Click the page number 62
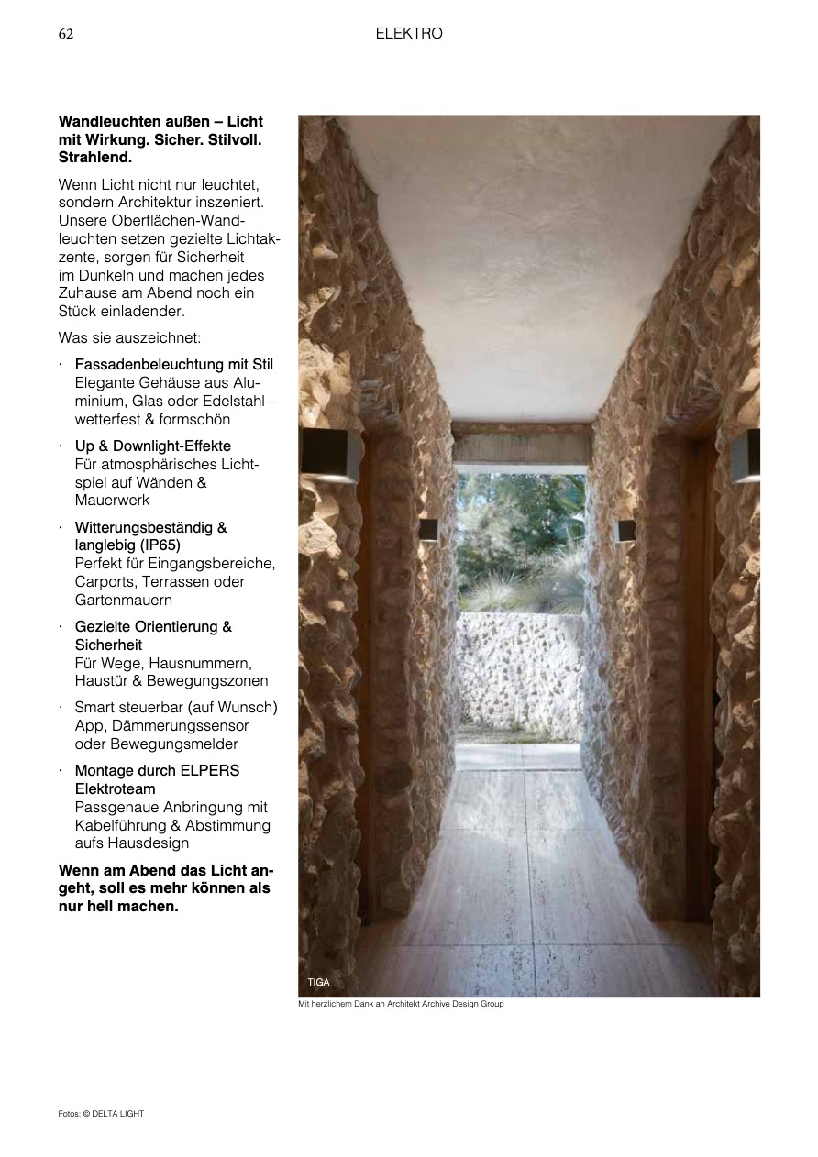[66, 34]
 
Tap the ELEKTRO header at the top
[409, 34]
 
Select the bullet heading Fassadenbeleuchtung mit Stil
[173, 365]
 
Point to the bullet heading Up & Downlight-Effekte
[152, 446]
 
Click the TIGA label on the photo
[318, 982]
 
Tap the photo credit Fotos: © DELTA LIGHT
[102, 1114]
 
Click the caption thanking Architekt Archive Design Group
[401, 1004]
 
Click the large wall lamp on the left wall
[331, 456]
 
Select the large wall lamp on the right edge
[746, 455]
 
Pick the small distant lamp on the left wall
[428, 530]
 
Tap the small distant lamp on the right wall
[625, 530]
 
